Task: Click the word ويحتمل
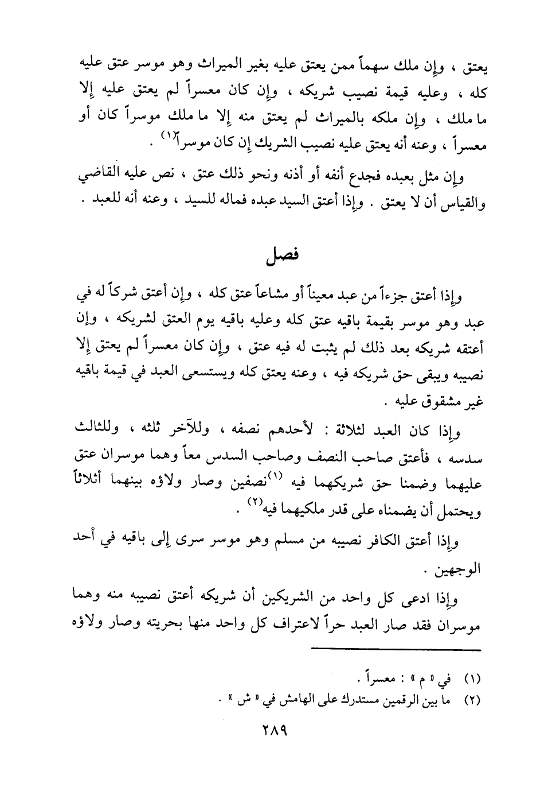pos(463,510)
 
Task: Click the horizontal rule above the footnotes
pos(396,650)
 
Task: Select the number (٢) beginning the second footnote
pos(471,700)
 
